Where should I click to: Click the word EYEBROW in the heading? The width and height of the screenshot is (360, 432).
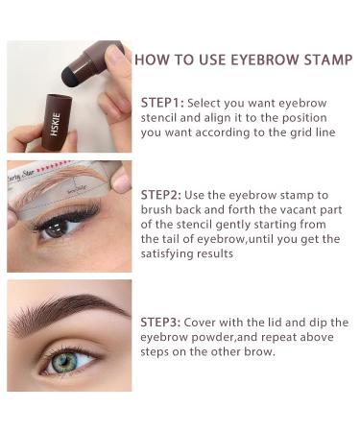265,60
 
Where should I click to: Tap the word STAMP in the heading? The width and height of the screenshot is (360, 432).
328,60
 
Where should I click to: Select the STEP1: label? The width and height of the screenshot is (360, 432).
162,103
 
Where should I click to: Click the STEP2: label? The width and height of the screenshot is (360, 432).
160,195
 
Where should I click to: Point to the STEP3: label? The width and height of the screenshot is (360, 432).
160,322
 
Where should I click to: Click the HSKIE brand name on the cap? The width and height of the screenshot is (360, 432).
56,124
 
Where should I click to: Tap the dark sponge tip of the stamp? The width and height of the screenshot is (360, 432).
70,78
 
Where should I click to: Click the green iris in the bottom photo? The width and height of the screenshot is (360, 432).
65,363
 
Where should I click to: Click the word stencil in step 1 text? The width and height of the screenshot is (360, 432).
158,118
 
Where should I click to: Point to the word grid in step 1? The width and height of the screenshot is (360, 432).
300,132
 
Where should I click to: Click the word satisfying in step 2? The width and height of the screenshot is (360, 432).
167,254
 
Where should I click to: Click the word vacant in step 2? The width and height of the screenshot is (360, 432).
293,210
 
